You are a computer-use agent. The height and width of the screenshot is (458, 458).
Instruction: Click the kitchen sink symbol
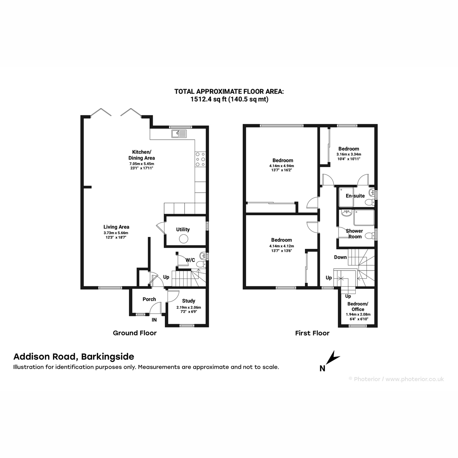point(179,134)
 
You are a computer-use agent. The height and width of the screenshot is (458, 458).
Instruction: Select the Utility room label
point(183,229)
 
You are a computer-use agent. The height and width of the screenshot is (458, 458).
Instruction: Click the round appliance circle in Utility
point(184,239)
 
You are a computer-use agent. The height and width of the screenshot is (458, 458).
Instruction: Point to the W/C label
point(190,260)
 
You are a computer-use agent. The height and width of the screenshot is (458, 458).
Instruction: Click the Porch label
point(149,299)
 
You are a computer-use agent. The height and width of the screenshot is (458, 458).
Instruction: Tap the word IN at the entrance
point(154,320)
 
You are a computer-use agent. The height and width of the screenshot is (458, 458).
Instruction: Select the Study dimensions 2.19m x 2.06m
point(189,307)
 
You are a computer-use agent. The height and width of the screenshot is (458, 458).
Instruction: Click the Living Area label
point(116,227)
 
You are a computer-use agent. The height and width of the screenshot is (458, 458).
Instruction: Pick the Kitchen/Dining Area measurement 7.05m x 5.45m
point(142,164)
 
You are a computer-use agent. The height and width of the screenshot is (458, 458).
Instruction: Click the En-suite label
point(355,196)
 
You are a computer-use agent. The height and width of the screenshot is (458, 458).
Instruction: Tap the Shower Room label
point(354,234)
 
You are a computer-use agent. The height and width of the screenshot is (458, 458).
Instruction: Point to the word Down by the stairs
point(340,257)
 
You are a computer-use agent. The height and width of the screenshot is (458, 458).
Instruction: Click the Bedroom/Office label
point(358,306)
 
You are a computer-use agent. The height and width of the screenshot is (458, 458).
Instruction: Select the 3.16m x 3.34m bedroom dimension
point(349,154)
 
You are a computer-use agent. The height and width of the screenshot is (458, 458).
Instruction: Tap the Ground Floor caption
point(134,333)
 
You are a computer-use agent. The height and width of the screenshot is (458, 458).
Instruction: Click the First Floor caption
point(312,333)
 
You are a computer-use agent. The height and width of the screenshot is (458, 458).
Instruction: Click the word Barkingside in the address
point(108,356)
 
